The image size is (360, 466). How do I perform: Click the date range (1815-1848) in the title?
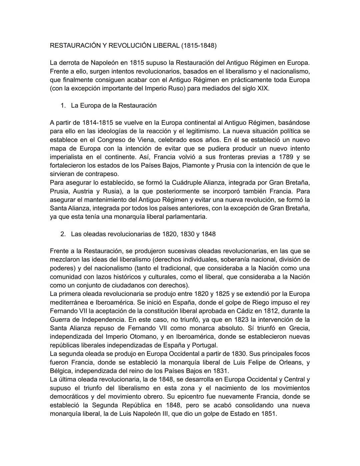pos(199,46)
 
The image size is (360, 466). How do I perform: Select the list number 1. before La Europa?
pos(63,106)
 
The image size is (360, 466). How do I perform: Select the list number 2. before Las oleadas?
pos(63,234)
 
